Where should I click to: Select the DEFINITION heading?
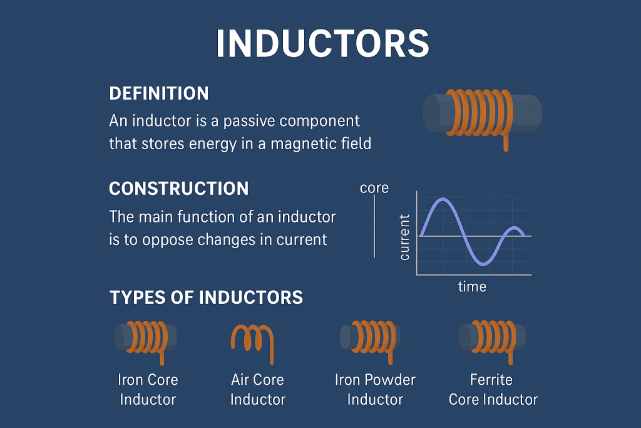coord(159,94)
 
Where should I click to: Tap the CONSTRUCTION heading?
coord(179,189)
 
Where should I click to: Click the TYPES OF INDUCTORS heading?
coord(207,297)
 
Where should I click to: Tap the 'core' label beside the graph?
coord(374,188)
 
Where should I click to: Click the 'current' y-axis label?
coord(404,237)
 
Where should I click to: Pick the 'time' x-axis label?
coord(472,287)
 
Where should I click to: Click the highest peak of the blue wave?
coord(443,200)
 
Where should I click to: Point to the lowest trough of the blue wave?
coord(481,264)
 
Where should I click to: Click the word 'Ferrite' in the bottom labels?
coord(491,380)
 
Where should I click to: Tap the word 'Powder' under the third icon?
coord(392,380)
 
